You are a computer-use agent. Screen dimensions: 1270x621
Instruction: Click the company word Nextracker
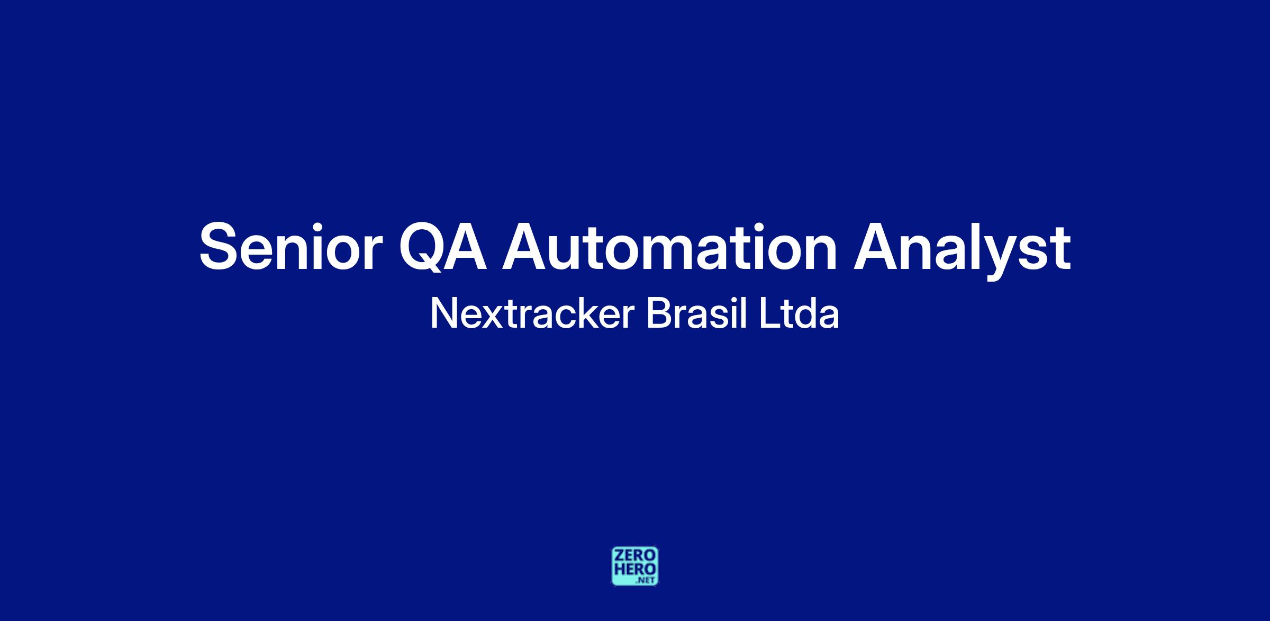coord(532,313)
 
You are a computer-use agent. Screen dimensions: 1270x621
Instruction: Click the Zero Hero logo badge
coord(635,566)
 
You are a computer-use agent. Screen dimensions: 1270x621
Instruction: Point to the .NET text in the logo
coord(646,580)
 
